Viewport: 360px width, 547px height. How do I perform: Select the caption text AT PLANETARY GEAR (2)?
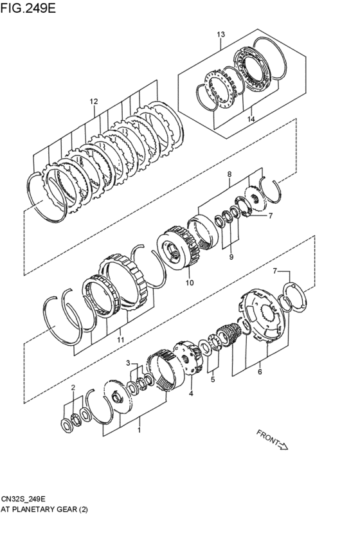tap(44, 509)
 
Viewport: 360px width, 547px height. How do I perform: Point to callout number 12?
tap(94, 102)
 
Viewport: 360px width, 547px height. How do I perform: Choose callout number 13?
tap(221, 34)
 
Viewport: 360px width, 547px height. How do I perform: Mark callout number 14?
tap(251, 120)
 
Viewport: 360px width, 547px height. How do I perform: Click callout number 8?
tap(228, 174)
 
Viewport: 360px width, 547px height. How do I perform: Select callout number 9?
tap(231, 258)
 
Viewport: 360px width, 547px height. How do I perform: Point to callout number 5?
tap(212, 380)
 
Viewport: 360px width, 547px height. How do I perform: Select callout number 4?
tap(190, 393)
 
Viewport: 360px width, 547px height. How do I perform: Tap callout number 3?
tap(128, 363)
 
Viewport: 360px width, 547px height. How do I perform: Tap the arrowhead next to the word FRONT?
tap(283, 445)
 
